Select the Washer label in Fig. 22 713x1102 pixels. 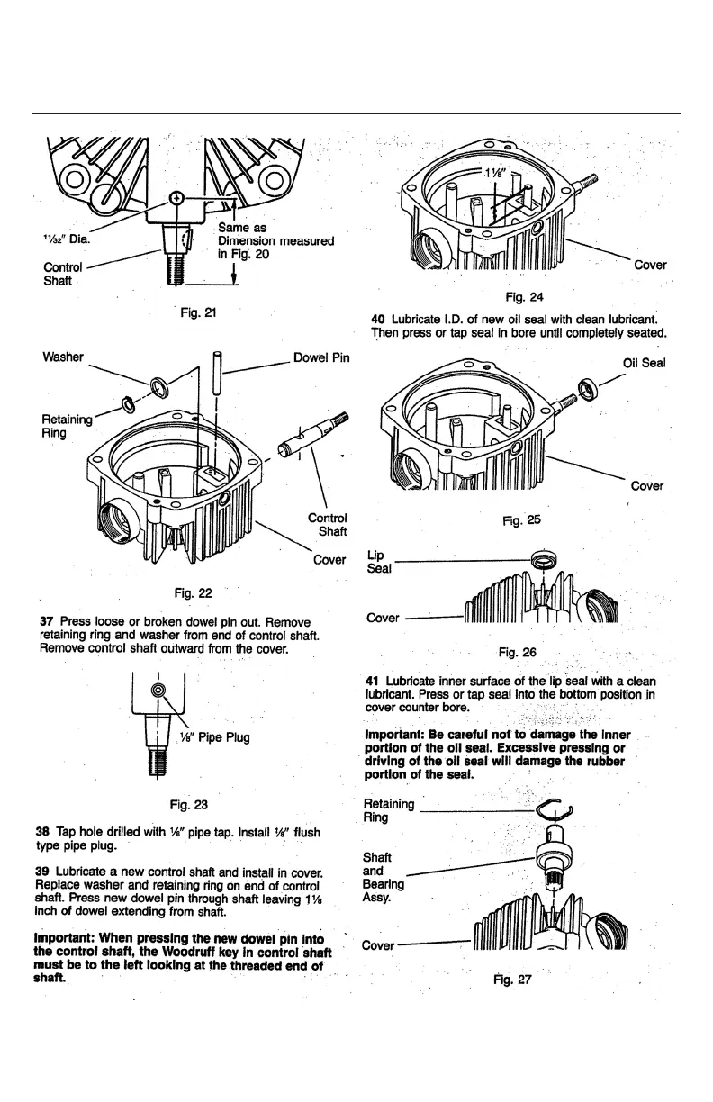pos(63,357)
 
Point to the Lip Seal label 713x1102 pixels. pos(379,563)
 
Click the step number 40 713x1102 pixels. pos(378,317)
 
